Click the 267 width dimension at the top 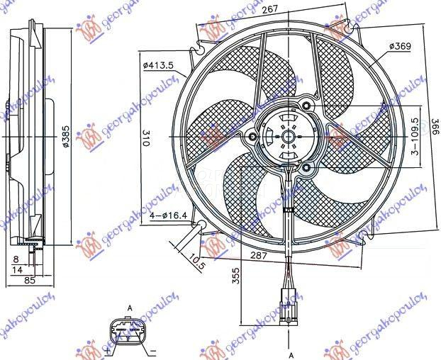pyautogui.click(x=268, y=10)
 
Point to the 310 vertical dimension pyautogui.click(x=145, y=138)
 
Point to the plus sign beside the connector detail pyautogui.click(x=106, y=349)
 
